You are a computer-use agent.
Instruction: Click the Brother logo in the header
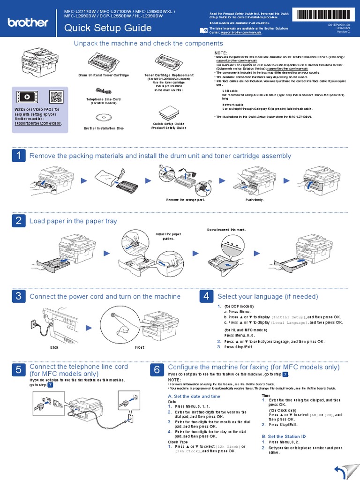(28, 22)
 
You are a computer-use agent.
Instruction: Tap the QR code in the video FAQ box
(56, 97)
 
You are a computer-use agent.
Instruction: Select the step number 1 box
(18, 156)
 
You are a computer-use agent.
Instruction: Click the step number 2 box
(18, 221)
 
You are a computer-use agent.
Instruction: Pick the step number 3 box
(18, 296)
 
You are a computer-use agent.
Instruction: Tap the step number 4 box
(206, 296)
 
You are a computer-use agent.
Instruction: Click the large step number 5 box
(18, 370)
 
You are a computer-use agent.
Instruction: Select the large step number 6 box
(157, 370)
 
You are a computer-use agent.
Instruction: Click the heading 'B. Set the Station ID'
(284, 436)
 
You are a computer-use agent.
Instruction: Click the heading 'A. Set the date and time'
(194, 396)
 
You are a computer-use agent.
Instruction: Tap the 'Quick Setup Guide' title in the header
(108, 28)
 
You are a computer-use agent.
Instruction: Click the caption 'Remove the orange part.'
(186, 200)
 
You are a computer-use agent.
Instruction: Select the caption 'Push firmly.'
(255, 200)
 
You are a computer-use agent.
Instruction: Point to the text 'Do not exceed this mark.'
(226, 230)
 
